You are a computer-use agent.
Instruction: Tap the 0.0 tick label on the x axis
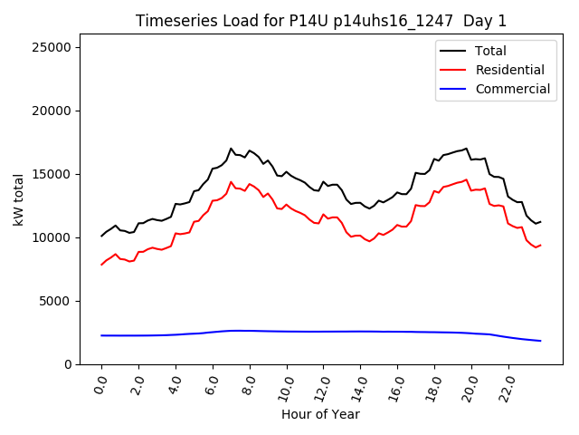coord(100,384)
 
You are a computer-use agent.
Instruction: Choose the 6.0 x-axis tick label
coord(212,384)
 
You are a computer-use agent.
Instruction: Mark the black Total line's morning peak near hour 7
coord(231,149)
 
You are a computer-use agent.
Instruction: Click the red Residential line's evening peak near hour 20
coord(467,179)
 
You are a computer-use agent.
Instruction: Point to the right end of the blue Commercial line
coord(540,341)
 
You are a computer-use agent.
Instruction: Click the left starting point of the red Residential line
coord(101,265)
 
